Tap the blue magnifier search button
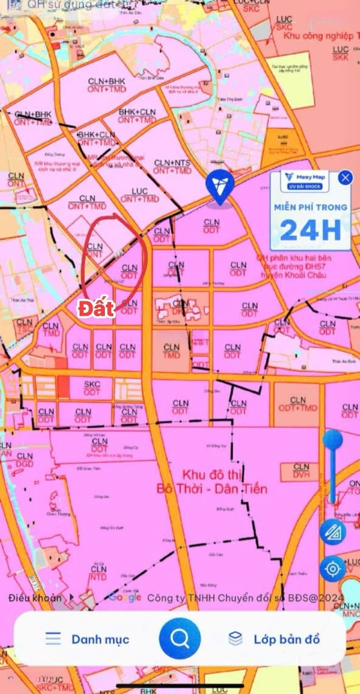pyautogui.click(x=180, y=638)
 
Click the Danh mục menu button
pyautogui.click(x=87, y=639)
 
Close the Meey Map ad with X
pyautogui.click(x=346, y=178)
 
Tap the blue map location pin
pyautogui.click(x=220, y=188)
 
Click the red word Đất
pyautogui.click(x=97, y=308)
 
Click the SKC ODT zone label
pyautogui.click(x=93, y=387)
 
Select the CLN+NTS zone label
pyautogui.click(x=172, y=167)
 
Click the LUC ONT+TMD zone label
pyautogui.click(x=139, y=195)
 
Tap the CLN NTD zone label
pyautogui.click(x=98, y=573)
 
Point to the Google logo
pyautogui.click(x=125, y=597)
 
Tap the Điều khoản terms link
pyautogui.click(x=36, y=598)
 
